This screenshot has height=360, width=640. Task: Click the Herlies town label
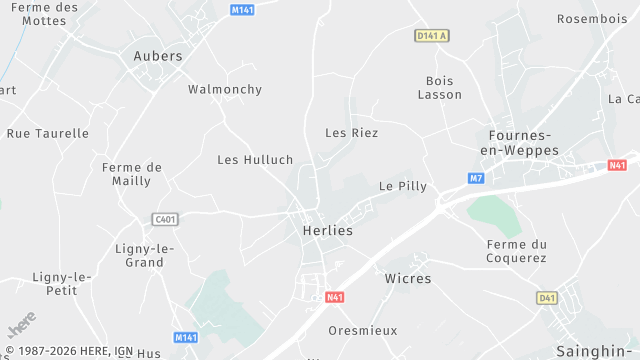327,230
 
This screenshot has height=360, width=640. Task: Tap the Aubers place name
158,56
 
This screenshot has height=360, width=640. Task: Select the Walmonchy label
225,89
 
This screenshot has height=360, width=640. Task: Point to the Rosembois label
591,18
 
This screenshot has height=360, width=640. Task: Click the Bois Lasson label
439,87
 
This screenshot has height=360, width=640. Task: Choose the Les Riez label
352,132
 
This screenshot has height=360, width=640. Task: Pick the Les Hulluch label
255,159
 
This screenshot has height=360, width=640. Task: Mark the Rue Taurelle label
48,133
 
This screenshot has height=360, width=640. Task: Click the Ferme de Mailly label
132,174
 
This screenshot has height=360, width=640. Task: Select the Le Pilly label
403,186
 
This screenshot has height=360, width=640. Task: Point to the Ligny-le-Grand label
145,255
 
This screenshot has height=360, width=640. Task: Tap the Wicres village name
408,278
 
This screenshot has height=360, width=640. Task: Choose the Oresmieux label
363,330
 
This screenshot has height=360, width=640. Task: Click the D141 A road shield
431,36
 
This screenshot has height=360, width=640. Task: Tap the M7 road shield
476,178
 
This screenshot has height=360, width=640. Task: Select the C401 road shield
165,219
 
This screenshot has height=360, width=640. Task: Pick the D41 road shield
546,298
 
